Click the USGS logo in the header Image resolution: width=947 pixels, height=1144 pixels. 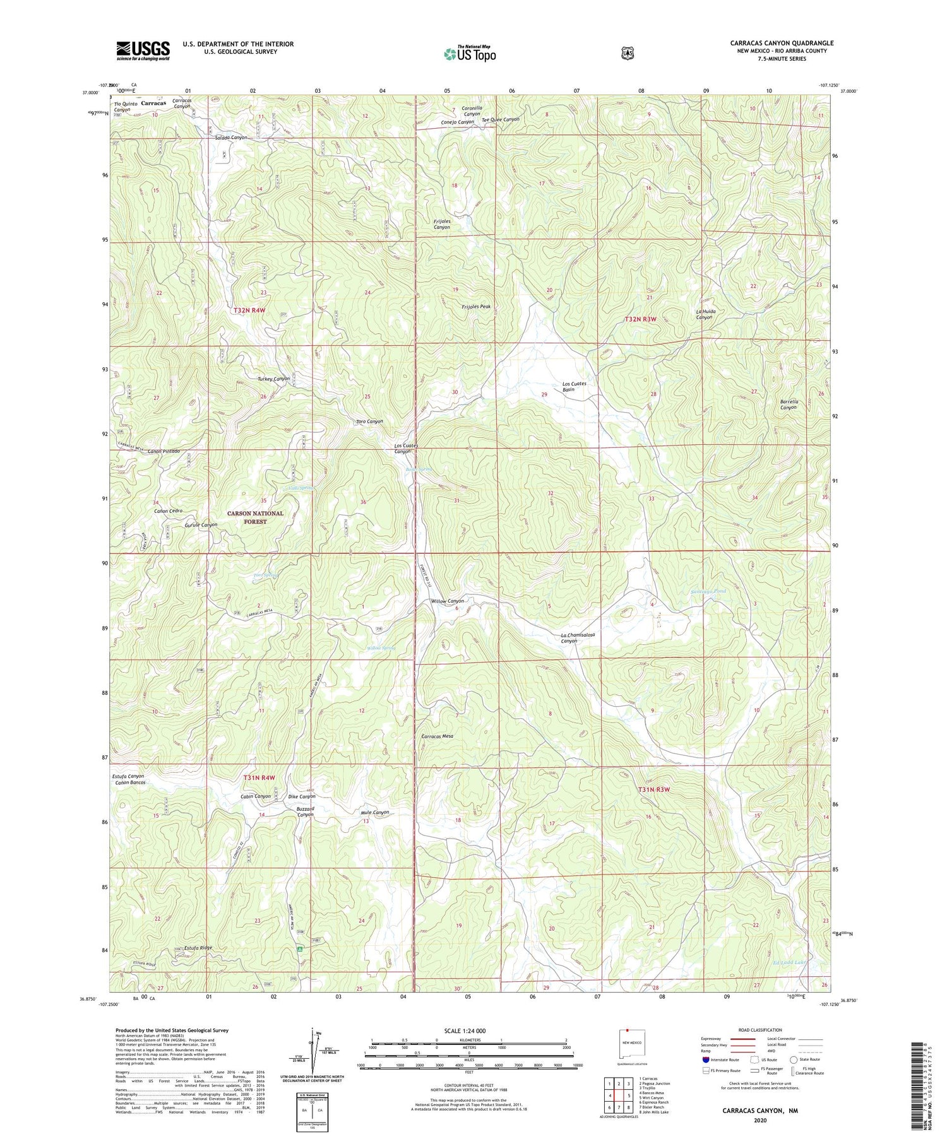click(x=143, y=50)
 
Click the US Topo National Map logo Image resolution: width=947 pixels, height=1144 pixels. click(x=470, y=54)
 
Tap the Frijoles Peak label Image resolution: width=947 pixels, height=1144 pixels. click(x=476, y=307)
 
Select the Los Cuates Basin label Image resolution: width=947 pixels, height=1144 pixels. click(x=575, y=387)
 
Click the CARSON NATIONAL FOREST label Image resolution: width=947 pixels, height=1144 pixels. click(x=255, y=517)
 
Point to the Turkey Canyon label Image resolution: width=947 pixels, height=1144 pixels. click(x=273, y=379)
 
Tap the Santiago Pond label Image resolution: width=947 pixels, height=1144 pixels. click(x=708, y=591)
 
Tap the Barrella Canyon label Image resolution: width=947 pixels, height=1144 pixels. click(x=789, y=404)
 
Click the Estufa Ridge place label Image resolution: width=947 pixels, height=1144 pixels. click(x=198, y=948)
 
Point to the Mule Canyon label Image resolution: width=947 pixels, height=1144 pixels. click(x=374, y=813)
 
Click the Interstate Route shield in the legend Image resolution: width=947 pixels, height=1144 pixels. click(x=706, y=1060)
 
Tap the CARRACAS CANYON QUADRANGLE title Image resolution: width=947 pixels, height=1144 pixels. click(x=782, y=43)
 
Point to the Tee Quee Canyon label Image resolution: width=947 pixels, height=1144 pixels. click(x=500, y=119)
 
